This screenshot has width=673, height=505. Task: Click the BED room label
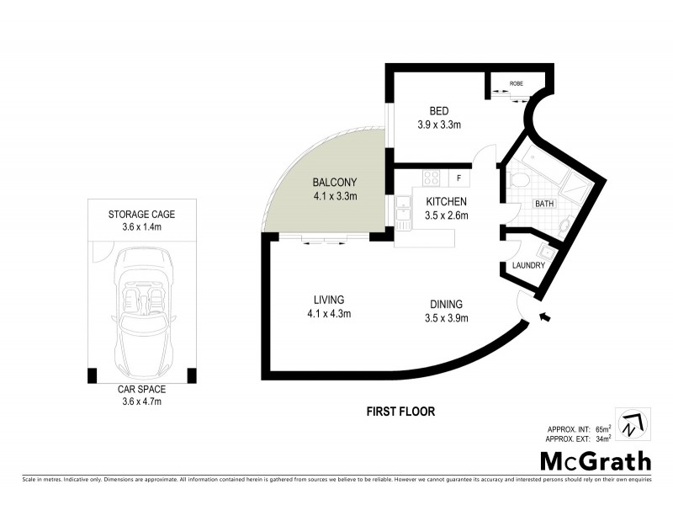tap(438, 111)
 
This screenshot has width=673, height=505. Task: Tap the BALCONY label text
tap(335, 183)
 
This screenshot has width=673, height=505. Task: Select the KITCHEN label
tap(447, 202)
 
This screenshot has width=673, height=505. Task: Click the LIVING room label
tap(328, 300)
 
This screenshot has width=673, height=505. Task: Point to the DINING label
tap(445, 305)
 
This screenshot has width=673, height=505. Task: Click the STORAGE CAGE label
tap(141, 215)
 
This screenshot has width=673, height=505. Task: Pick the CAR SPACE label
tap(141, 390)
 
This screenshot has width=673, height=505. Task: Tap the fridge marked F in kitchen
tap(459, 178)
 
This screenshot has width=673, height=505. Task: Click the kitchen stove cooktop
tap(432, 178)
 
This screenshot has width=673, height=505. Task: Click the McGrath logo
tap(595, 461)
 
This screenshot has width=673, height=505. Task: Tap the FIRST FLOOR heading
tap(400, 412)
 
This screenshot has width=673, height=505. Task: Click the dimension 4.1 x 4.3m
tap(328, 314)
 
